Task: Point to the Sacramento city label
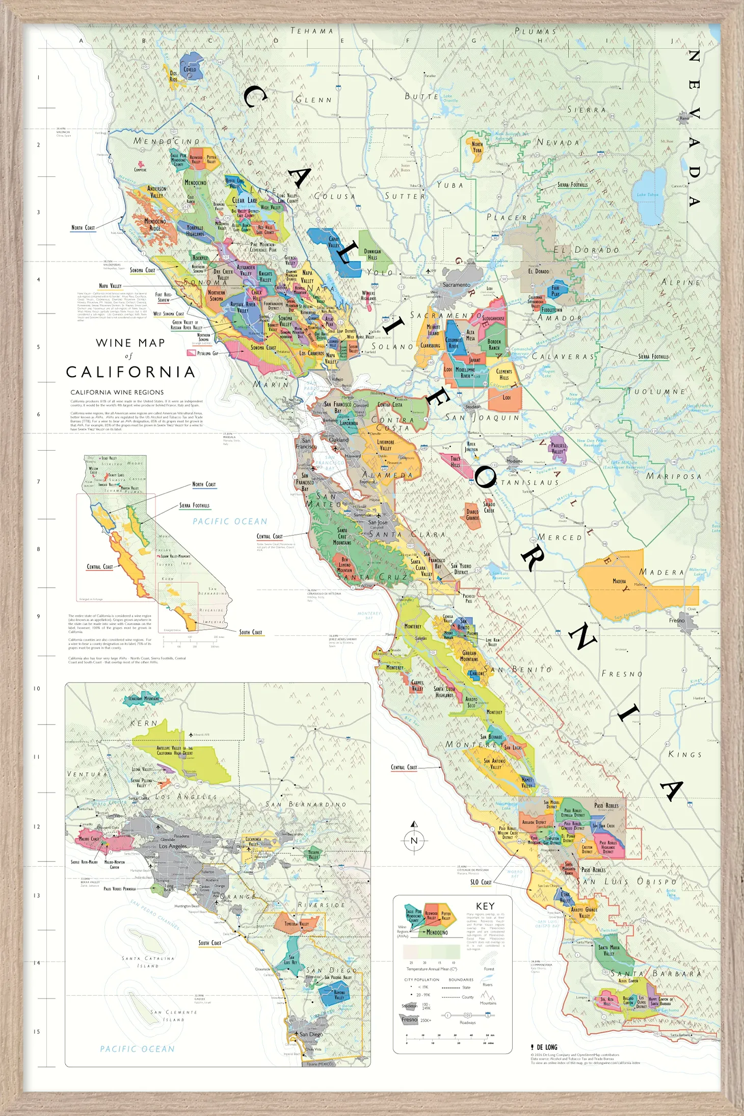[x=456, y=285]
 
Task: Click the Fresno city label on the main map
[x=677, y=620]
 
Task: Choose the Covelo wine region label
[x=190, y=69]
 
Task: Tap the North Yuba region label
[x=477, y=147]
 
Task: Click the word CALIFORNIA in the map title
[x=131, y=372]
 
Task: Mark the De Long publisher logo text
[x=546, y=1047]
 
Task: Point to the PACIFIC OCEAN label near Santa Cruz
[x=230, y=521]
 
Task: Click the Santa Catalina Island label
[x=148, y=962]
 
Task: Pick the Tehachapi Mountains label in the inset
[x=143, y=698]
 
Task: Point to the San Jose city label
[x=378, y=523]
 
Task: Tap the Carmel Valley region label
[x=417, y=685]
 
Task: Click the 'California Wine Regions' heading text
[x=117, y=393]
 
